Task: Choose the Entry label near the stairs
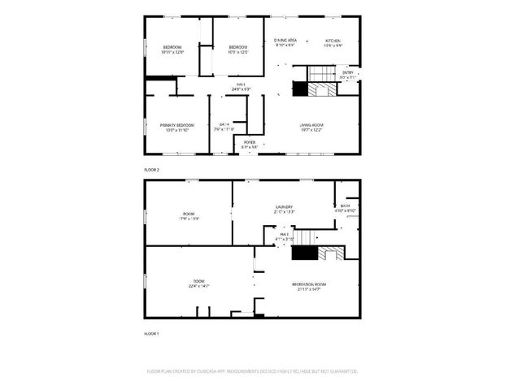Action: pyautogui.click(x=348, y=73)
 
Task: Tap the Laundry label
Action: pyautogui.click(x=283, y=207)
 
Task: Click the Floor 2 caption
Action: pyautogui.click(x=152, y=169)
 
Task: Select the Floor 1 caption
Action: pyautogui.click(x=152, y=334)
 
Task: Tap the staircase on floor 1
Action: pyautogui.click(x=306, y=237)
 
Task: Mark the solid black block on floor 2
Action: pyautogui.click(x=300, y=90)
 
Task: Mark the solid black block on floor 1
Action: pyautogui.click(x=303, y=254)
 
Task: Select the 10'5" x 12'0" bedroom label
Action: pyautogui.click(x=237, y=48)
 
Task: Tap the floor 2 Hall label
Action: pyautogui.click(x=242, y=84)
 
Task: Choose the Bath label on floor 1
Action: pyautogui.click(x=346, y=207)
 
